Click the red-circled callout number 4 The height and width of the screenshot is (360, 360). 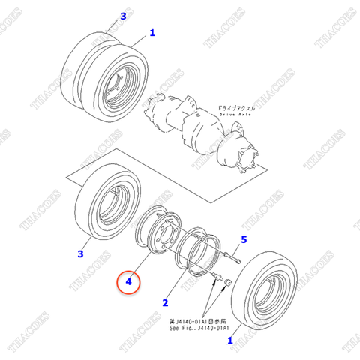pyautogui.click(x=128, y=283)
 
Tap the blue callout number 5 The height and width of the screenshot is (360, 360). pyautogui.click(x=243, y=240)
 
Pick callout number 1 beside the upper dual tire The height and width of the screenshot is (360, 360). pyautogui.click(x=152, y=33)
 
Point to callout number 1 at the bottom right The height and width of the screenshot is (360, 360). pyautogui.click(x=229, y=340)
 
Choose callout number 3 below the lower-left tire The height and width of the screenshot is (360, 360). pyautogui.click(x=80, y=255)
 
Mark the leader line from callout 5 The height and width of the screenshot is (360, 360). pyautogui.click(x=237, y=248)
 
